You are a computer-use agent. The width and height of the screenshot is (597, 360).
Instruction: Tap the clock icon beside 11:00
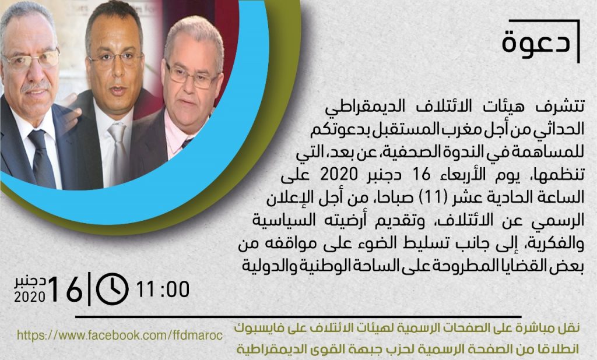click(x=113, y=289)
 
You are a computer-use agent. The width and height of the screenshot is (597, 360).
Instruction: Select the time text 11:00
click(x=163, y=289)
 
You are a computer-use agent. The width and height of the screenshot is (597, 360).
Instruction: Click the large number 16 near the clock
click(x=65, y=289)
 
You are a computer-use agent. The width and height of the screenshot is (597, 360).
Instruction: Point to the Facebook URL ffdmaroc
click(x=120, y=336)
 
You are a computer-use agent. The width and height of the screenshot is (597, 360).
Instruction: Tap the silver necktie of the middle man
click(x=118, y=152)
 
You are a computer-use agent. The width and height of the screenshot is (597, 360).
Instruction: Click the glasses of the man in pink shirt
click(x=191, y=76)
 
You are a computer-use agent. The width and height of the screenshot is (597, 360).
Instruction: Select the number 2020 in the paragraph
click(x=339, y=175)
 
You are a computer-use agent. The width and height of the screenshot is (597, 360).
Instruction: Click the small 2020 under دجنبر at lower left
click(x=30, y=297)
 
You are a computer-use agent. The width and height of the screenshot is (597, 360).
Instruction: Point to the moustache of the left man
click(x=35, y=86)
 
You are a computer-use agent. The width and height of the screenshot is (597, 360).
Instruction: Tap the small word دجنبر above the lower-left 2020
click(x=30, y=282)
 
